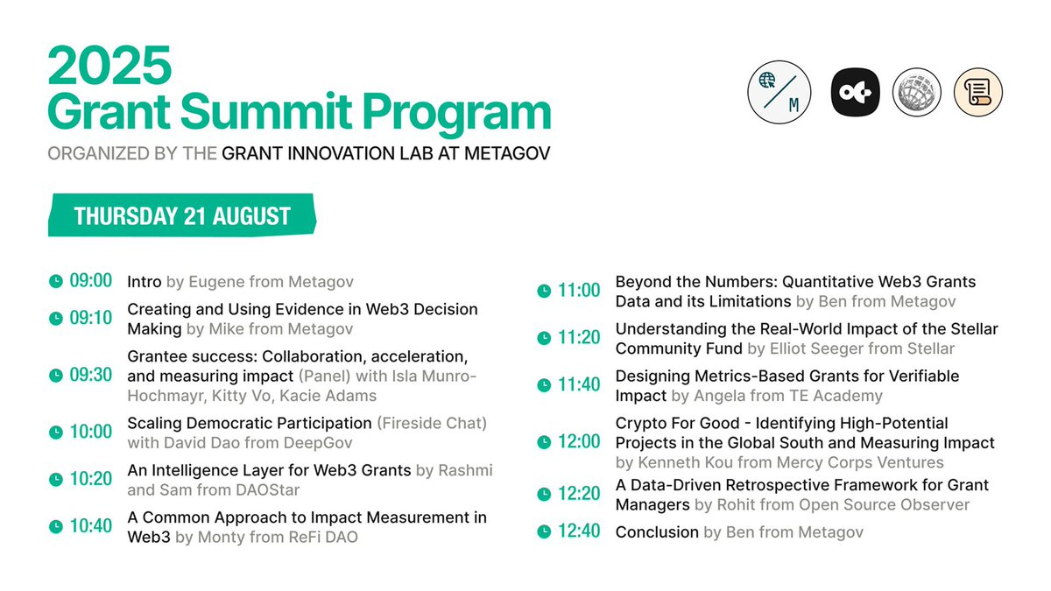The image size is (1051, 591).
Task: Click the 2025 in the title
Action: (109, 65)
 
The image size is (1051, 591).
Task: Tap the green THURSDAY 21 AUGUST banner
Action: (181, 216)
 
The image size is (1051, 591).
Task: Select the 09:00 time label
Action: (91, 281)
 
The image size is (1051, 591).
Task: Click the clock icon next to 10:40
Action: (56, 527)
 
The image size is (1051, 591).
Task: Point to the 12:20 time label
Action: (579, 494)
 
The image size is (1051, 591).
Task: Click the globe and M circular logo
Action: (779, 92)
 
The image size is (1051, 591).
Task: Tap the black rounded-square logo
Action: (855, 92)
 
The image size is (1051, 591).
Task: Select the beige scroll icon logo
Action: (978, 92)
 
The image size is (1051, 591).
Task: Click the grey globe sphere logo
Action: (917, 92)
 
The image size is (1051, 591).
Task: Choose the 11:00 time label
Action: (579, 291)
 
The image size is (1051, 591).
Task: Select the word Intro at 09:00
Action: (145, 282)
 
